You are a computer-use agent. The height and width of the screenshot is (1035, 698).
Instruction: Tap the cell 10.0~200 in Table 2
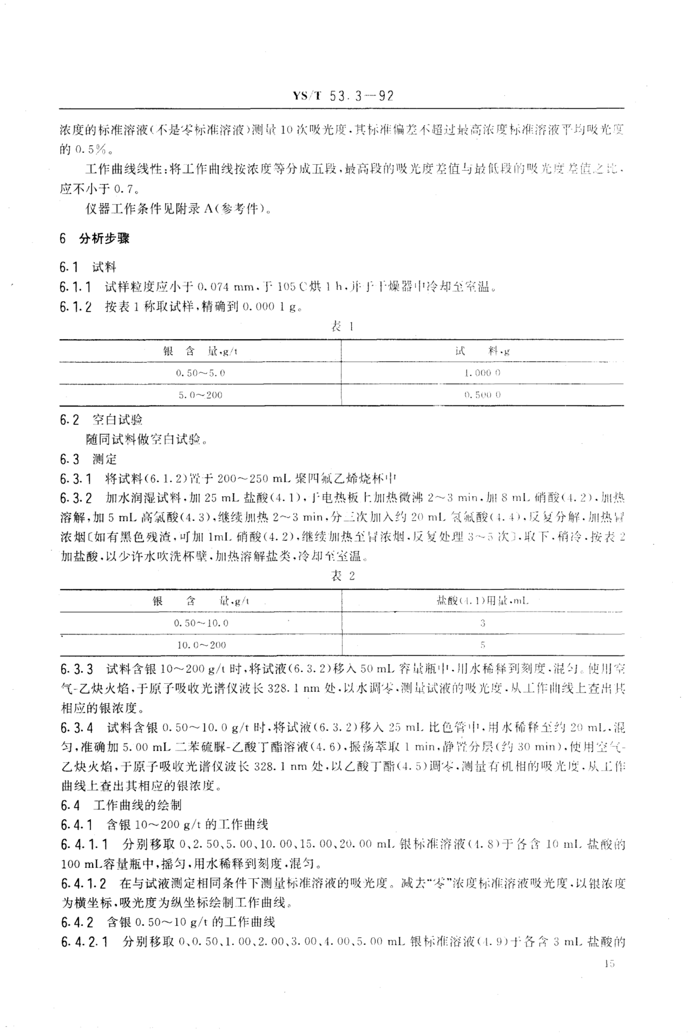click(x=201, y=644)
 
